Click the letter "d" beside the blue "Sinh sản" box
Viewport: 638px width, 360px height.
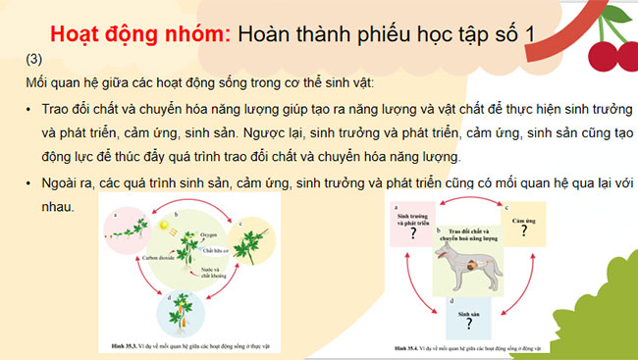coord(450,296)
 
